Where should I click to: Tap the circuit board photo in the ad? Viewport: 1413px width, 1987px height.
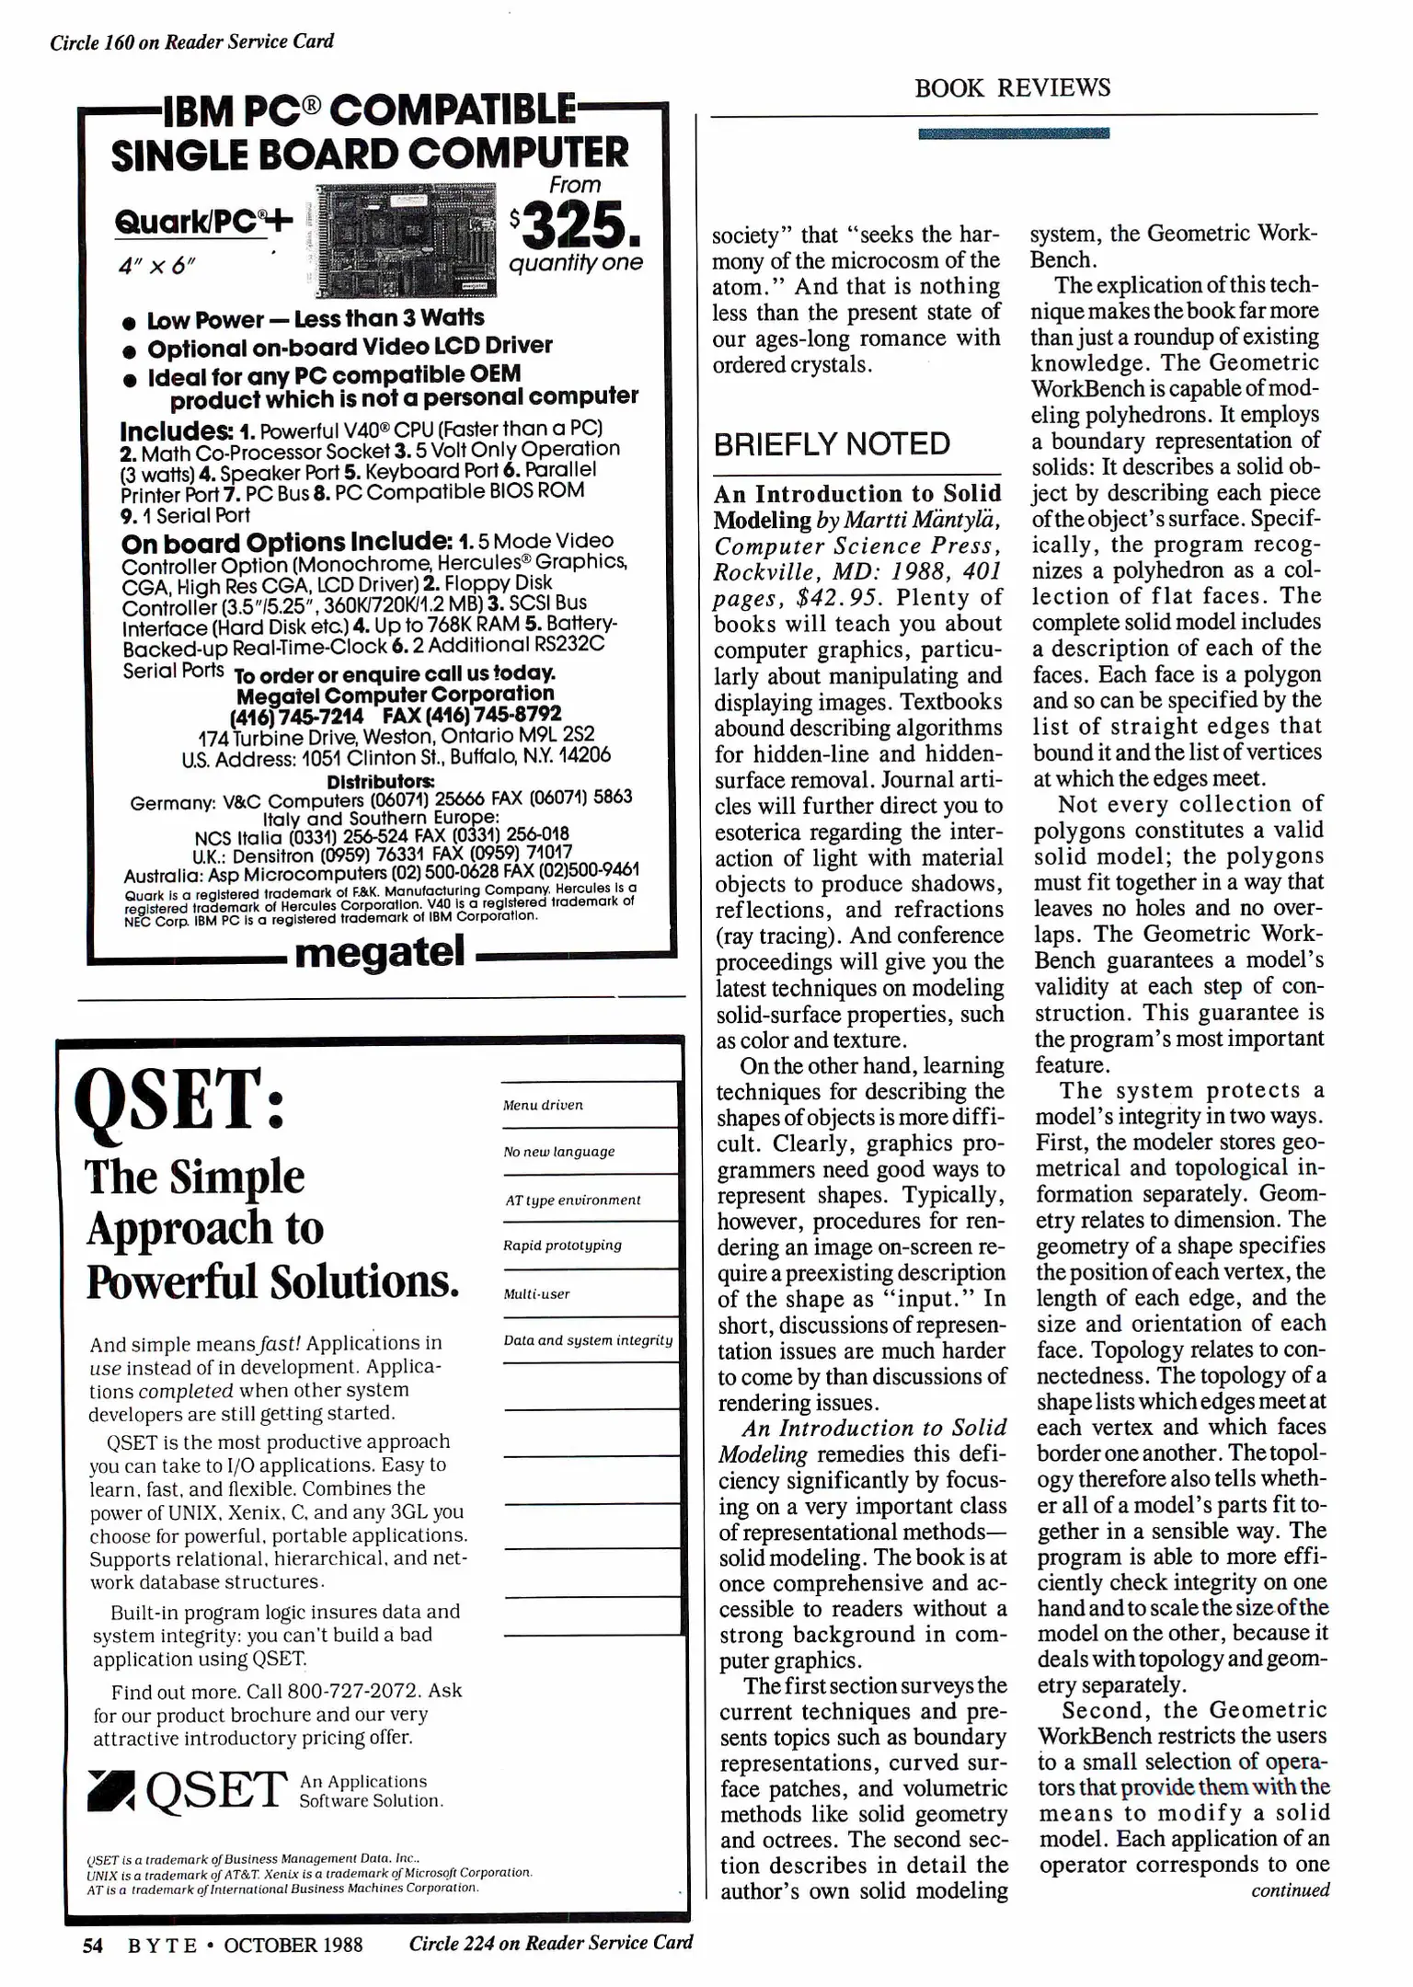click(406, 239)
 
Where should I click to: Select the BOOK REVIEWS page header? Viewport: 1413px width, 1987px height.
click(1012, 88)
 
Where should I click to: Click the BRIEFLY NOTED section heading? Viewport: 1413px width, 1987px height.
click(832, 444)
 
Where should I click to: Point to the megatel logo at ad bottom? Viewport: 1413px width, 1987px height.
click(380, 952)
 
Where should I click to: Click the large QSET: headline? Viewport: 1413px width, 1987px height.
click(180, 1102)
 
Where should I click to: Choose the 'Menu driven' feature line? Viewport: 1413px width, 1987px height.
click(543, 1106)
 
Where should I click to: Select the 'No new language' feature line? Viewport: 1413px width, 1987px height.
click(559, 1152)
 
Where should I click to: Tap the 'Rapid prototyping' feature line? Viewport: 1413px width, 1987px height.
click(562, 1246)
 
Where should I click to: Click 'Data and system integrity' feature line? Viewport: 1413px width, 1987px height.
click(588, 1340)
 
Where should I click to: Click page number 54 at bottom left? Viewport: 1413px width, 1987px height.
click(92, 1945)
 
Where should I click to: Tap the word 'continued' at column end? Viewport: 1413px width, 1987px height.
click(1290, 1890)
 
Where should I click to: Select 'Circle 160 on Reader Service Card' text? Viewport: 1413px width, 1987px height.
click(191, 42)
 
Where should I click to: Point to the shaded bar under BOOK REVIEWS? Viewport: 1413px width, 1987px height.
click(1013, 133)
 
